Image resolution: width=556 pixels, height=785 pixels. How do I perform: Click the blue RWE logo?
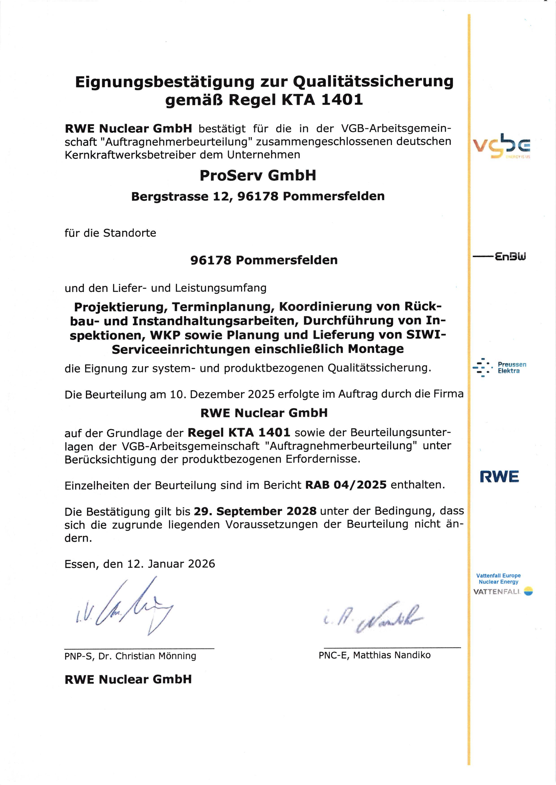[499, 477]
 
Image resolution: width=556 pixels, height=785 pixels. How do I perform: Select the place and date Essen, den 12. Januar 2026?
[140, 564]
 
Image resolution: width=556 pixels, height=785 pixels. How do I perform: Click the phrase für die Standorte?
[110, 233]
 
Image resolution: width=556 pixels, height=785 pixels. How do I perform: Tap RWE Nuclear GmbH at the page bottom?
[128, 679]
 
